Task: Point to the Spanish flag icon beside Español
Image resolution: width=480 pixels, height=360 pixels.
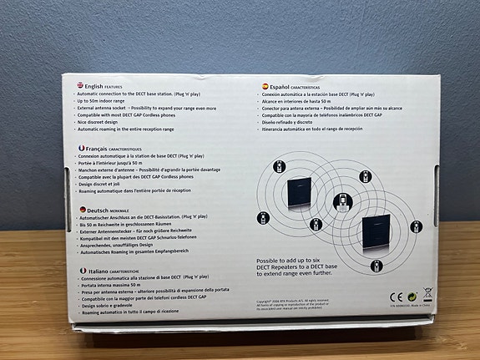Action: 259,85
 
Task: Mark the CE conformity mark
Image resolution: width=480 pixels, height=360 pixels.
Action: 397,296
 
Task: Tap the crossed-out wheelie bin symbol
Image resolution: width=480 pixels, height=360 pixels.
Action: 427,295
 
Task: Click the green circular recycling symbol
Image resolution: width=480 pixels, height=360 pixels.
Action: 412,296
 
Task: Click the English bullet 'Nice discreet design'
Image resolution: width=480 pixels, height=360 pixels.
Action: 107,121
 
